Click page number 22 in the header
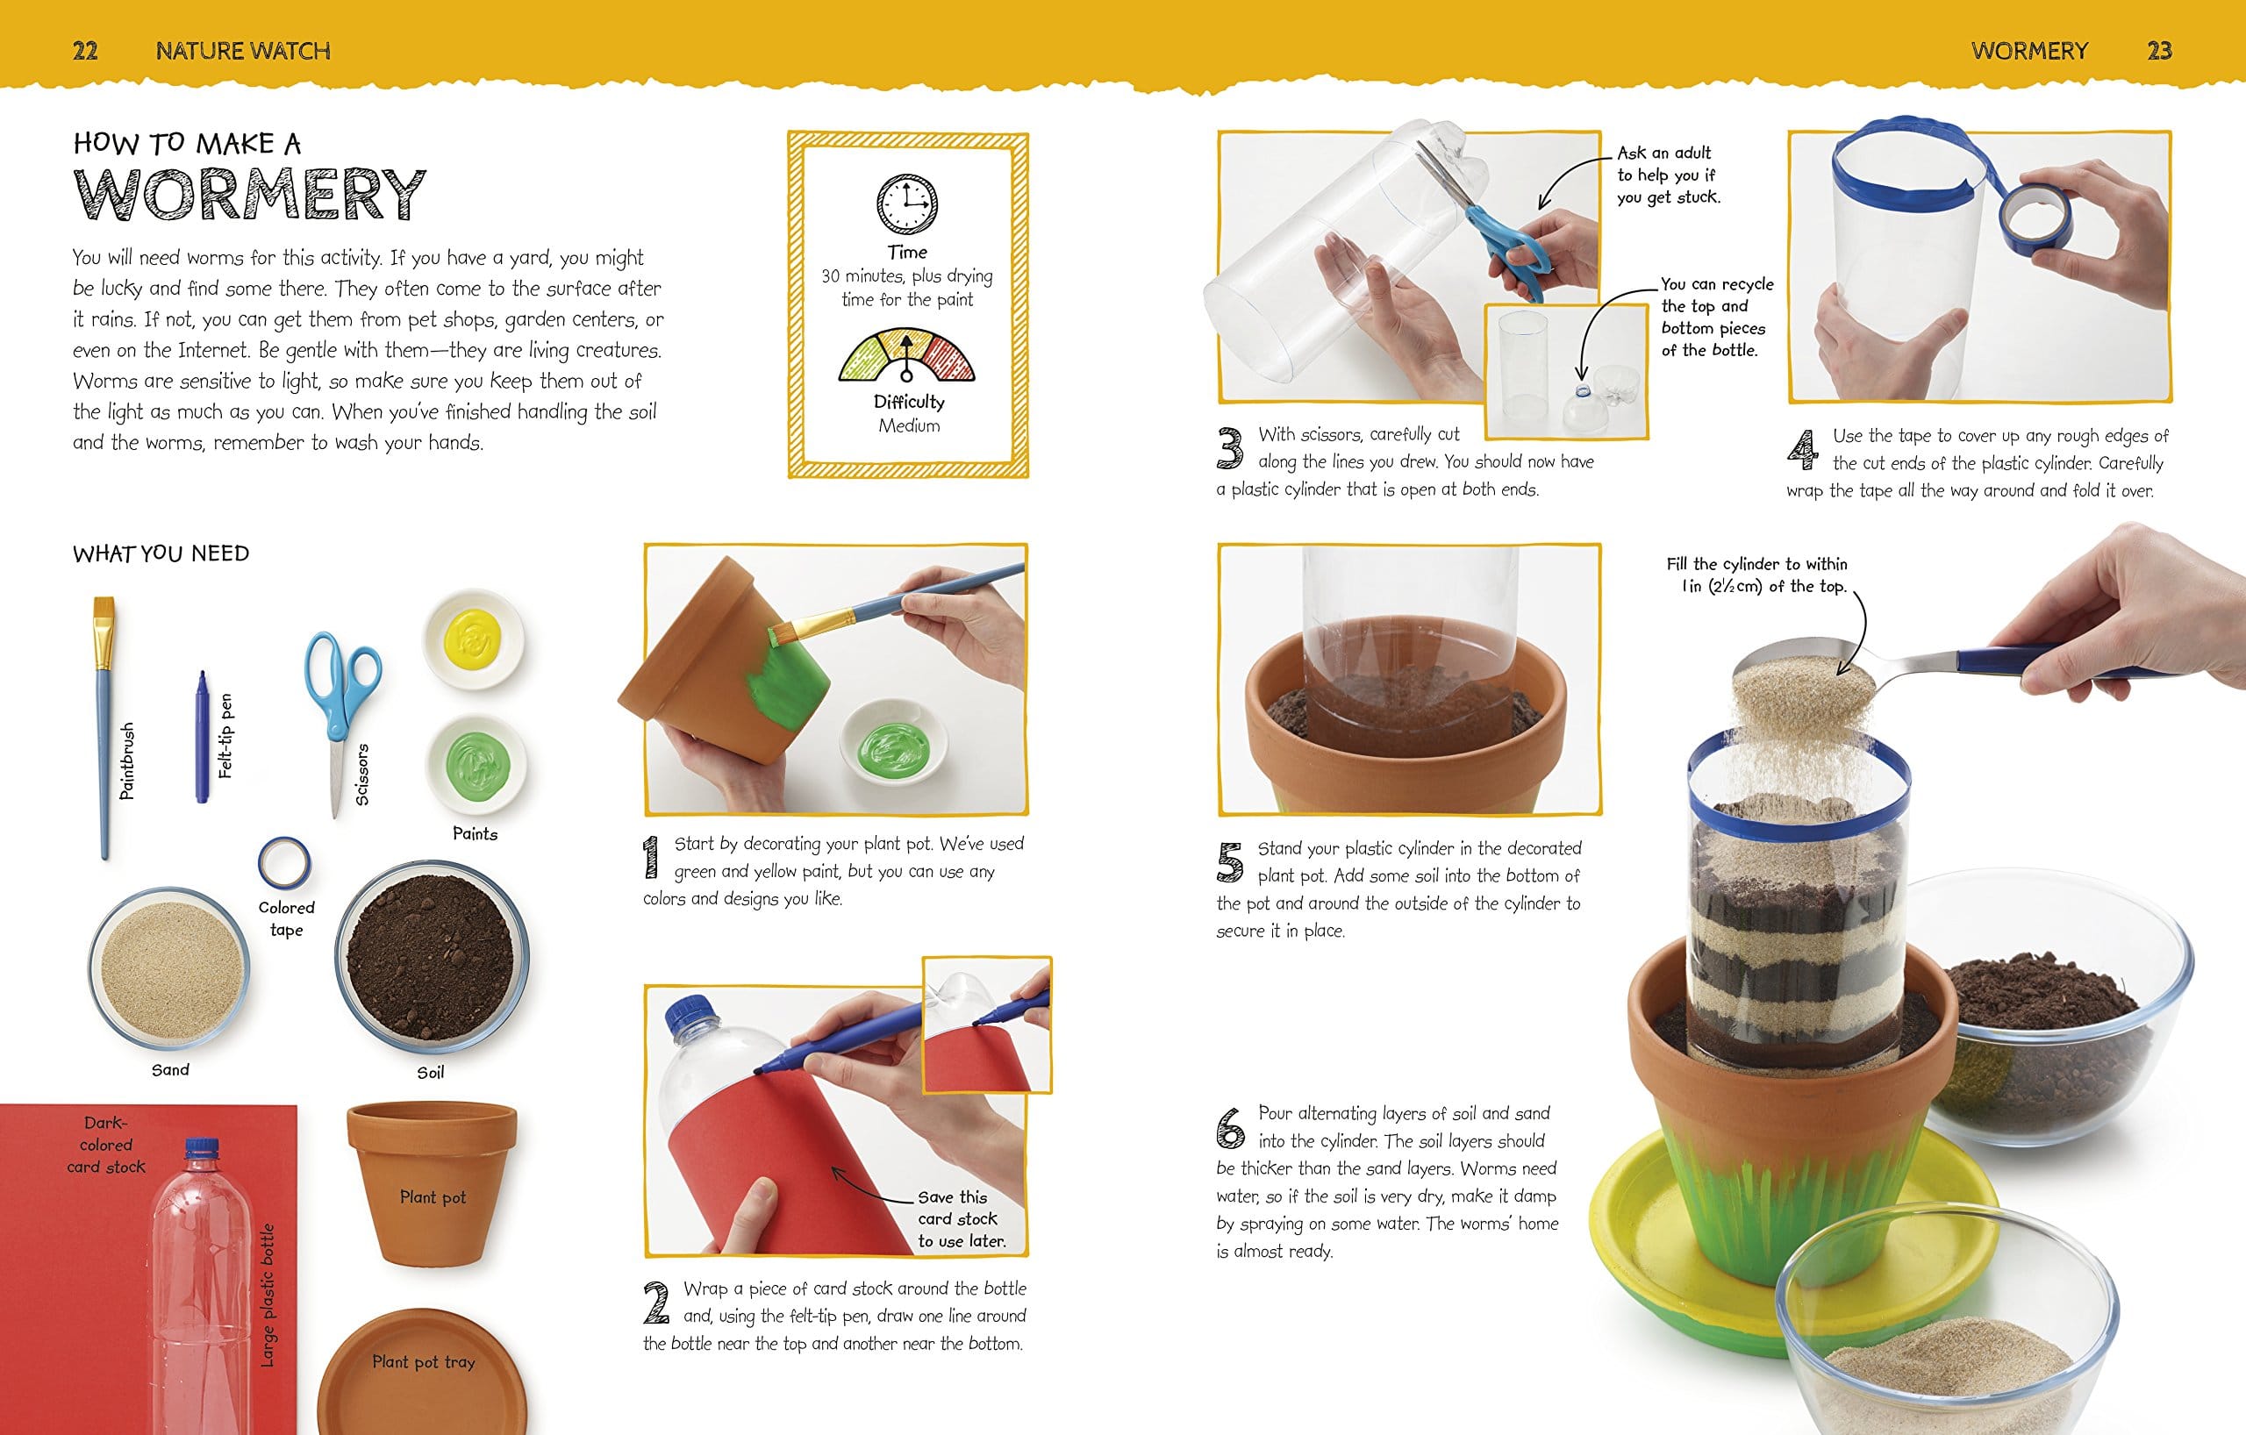(x=85, y=50)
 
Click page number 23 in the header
(x=2159, y=50)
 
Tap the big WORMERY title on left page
(x=249, y=195)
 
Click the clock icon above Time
(x=906, y=204)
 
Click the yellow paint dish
(x=474, y=639)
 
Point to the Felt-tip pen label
(x=225, y=736)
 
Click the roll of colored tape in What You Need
(x=283, y=863)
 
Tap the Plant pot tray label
(x=424, y=1362)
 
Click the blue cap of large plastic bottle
(x=202, y=1148)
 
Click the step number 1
(x=651, y=858)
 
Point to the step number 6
(x=1230, y=1128)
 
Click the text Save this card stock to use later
(x=961, y=1218)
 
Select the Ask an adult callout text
(x=1668, y=175)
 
